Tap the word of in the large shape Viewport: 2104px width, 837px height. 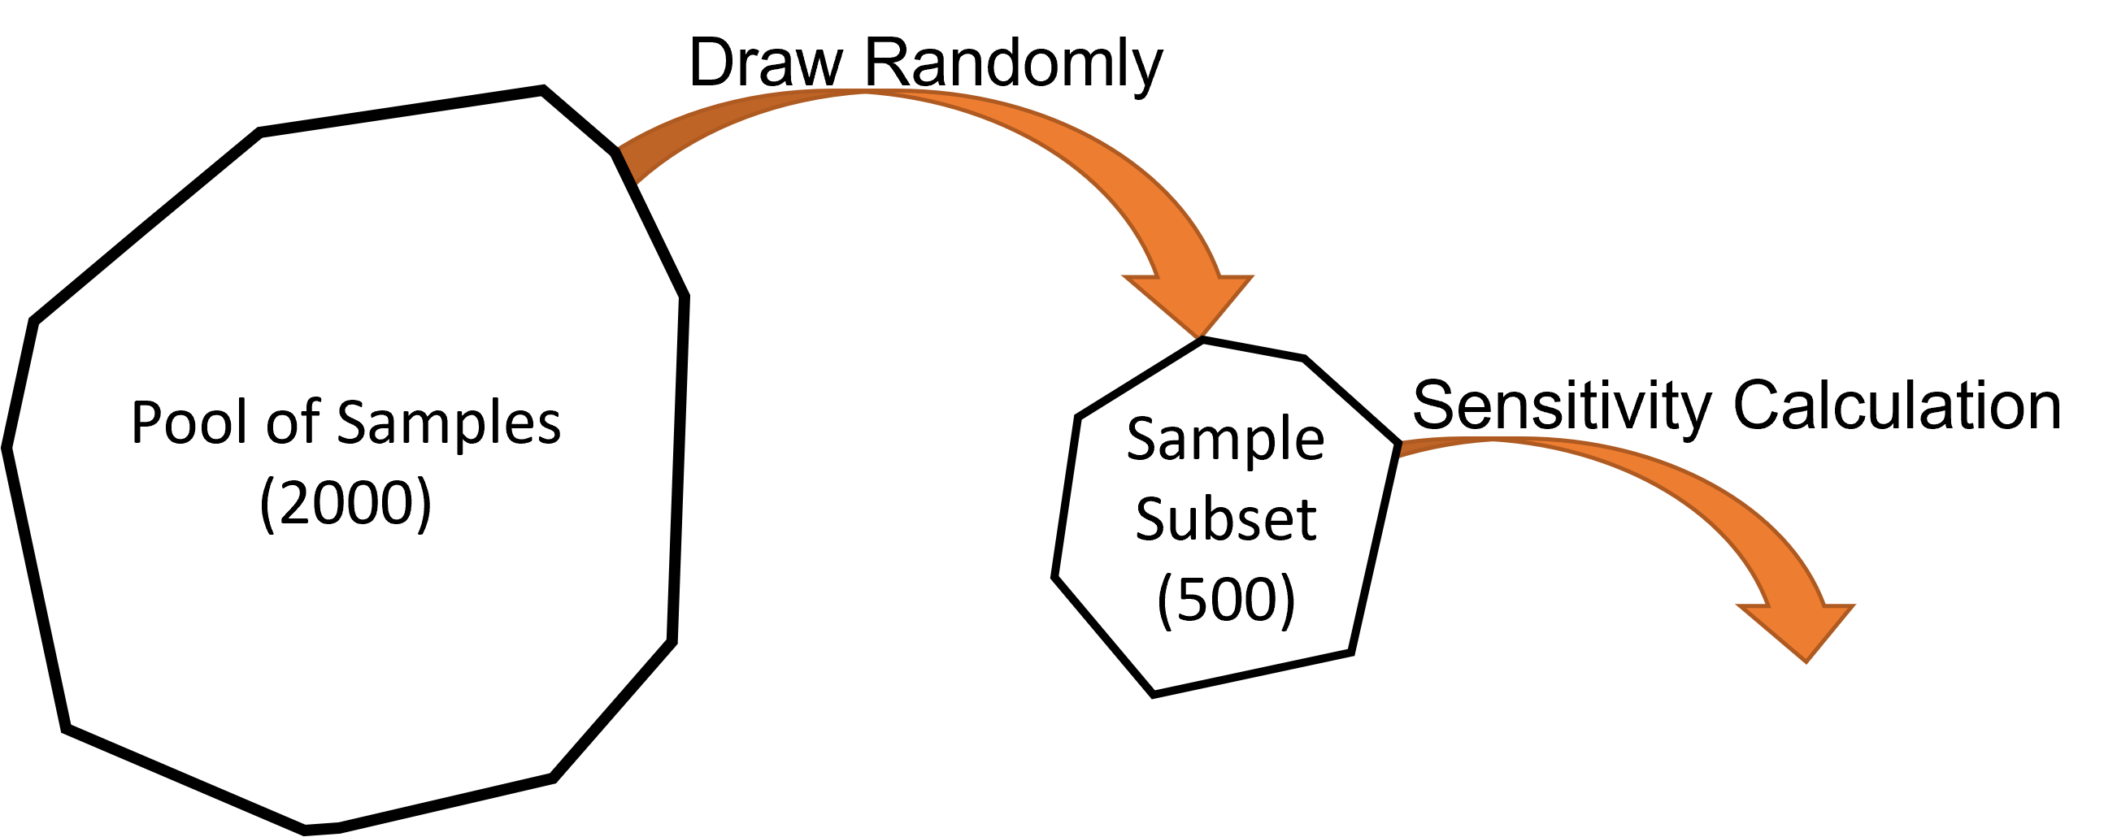(x=292, y=423)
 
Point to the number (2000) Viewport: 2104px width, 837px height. (x=346, y=503)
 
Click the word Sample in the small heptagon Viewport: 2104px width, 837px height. (x=1225, y=441)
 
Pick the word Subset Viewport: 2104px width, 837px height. (x=1225, y=519)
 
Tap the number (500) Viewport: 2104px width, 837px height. (x=1226, y=600)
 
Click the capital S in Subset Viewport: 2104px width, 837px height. (x=1150, y=519)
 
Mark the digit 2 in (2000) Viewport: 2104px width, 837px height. (x=293, y=503)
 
